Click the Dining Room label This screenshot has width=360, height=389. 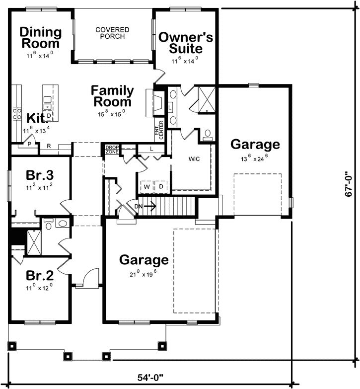41,38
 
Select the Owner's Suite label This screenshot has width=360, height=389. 186,43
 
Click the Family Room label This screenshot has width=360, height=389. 112,96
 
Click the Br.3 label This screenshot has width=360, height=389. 40,176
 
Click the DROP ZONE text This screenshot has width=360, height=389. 112,149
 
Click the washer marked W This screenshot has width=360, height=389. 147,186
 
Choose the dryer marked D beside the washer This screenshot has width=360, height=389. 161,186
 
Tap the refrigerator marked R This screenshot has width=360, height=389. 49,146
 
